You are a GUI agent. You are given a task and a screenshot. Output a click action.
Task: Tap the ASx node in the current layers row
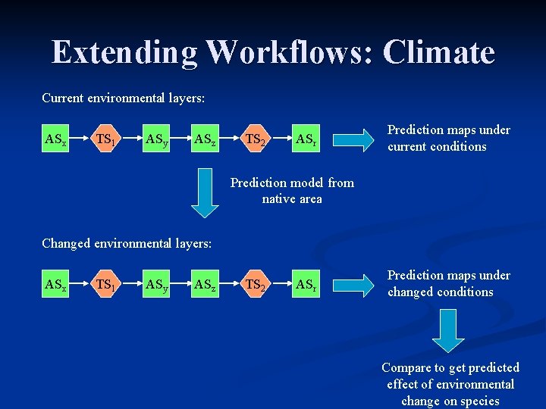(x=55, y=139)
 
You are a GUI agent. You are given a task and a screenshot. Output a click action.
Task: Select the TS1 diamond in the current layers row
(x=105, y=139)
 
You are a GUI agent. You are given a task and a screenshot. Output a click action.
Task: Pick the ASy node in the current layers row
(x=156, y=139)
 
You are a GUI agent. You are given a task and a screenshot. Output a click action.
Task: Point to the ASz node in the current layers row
(x=204, y=139)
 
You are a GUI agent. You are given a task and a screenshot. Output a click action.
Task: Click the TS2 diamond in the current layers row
(x=256, y=139)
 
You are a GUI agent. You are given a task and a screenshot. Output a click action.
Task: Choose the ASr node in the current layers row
(x=306, y=139)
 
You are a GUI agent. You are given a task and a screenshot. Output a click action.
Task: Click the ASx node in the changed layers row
(x=55, y=285)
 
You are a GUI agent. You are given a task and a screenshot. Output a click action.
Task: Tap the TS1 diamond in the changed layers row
(x=105, y=285)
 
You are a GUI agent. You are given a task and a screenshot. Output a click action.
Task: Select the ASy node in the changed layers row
(x=156, y=285)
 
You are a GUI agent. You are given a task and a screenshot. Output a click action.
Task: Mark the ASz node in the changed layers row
(x=204, y=285)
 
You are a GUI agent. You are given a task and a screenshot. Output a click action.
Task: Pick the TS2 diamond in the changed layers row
(x=256, y=285)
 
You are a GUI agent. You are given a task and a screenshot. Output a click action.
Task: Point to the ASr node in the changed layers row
(x=306, y=285)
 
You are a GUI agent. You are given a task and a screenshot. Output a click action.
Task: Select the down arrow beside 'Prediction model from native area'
(x=203, y=192)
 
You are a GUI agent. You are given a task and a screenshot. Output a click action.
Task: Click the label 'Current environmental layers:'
(x=123, y=98)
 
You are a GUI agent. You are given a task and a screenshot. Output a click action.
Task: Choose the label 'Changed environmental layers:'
(x=127, y=243)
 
